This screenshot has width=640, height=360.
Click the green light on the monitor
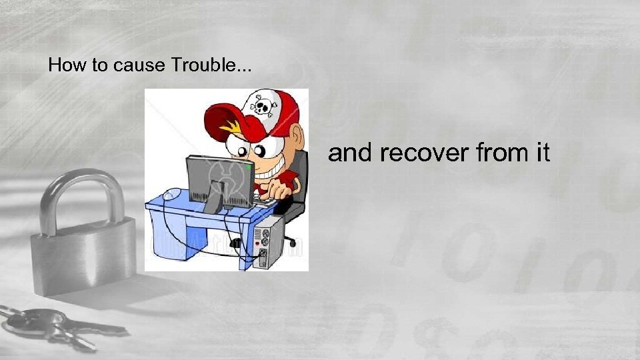click(x=248, y=168)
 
